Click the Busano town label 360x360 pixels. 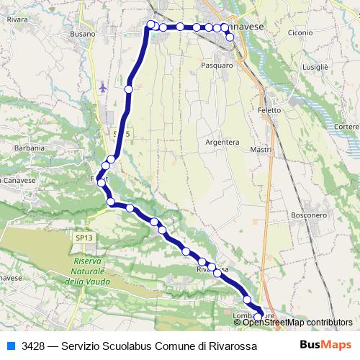(x=84, y=34)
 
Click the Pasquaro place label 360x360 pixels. (x=217, y=65)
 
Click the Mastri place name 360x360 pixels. (x=260, y=150)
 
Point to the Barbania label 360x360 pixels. (x=30, y=148)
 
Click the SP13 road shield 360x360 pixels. (x=84, y=237)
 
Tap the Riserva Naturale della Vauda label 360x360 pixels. (x=90, y=271)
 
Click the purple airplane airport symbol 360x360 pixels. (x=102, y=87)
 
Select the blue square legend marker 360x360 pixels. (x=11, y=346)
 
